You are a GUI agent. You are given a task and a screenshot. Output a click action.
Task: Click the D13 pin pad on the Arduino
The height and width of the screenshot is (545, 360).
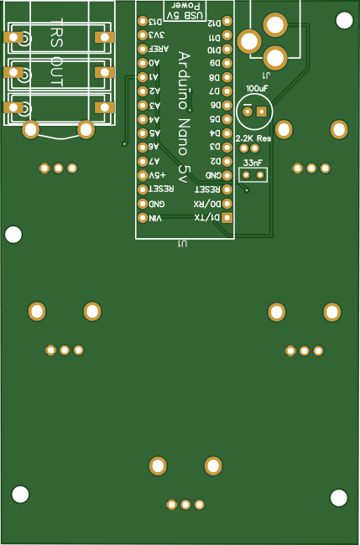pyautogui.click(x=142, y=21)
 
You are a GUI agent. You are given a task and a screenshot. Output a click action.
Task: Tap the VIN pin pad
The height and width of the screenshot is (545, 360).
pyautogui.click(x=142, y=218)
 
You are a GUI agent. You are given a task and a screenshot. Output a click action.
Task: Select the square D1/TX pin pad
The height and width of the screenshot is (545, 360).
pyautogui.click(x=227, y=218)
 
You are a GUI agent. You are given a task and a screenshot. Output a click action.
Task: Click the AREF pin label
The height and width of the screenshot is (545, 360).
pyautogui.click(x=159, y=49)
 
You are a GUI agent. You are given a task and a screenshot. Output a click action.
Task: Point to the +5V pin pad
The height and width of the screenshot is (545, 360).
pyautogui.click(x=142, y=175)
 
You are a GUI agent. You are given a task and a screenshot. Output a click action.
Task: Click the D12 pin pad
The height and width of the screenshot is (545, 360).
pyautogui.click(x=227, y=21)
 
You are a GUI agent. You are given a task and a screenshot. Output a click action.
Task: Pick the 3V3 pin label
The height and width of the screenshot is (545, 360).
pyautogui.click(x=157, y=35)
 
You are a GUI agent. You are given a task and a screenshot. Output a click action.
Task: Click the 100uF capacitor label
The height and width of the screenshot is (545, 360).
pyautogui.click(x=257, y=88)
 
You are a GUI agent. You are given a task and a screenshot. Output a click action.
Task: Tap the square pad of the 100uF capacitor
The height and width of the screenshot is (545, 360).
pyautogui.click(x=262, y=112)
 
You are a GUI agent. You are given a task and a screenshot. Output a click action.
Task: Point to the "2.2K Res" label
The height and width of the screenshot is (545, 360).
pyautogui.click(x=253, y=138)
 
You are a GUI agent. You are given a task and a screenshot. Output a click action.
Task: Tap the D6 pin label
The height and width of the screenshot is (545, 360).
pyautogui.click(x=215, y=105)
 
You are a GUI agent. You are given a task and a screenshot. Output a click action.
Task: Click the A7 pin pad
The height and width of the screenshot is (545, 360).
pyautogui.click(x=142, y=161)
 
